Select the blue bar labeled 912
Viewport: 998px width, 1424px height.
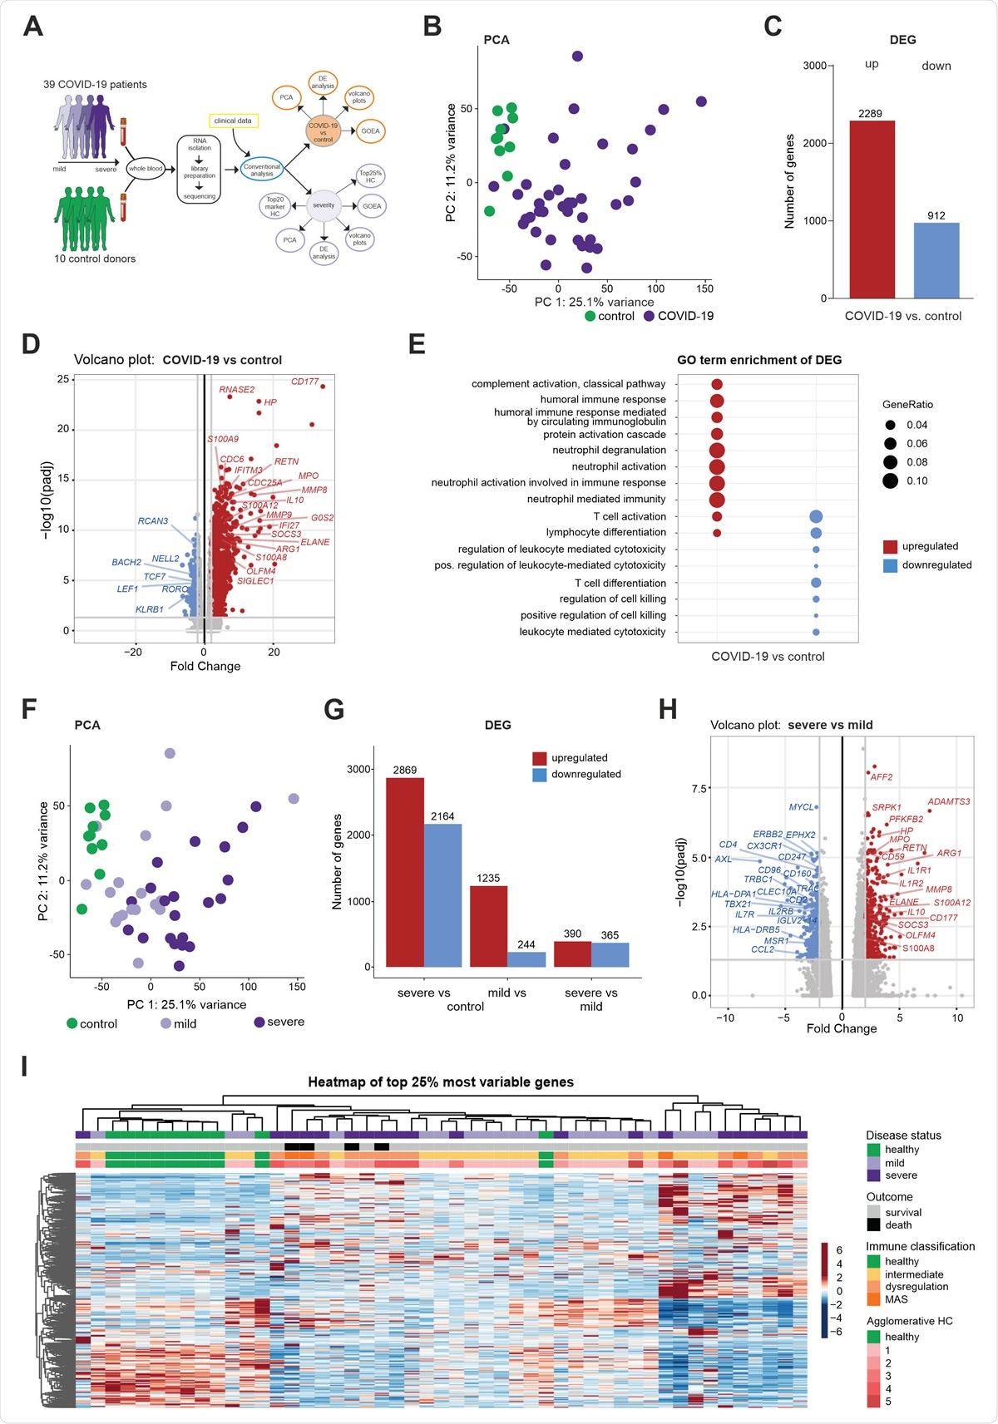[x=936, y=260]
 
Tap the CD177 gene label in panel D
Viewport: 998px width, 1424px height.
[x=304, y=382]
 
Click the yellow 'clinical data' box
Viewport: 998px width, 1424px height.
[x=233, y=121]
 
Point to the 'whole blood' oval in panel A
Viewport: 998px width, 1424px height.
[x=146, y=169]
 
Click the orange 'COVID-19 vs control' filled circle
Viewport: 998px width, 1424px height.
[x=324, y=132]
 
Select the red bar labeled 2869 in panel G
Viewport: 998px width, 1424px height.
[x=405, y=873]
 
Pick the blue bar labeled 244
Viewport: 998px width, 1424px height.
[x=526, y=959]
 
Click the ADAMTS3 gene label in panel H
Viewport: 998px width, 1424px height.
[x=948, y=802]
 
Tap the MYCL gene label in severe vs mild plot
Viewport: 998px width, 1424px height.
[x=801, y=807]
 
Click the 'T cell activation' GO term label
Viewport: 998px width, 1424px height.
[x=629, y=516]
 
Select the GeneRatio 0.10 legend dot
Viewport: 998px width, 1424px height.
[x=891, y=480]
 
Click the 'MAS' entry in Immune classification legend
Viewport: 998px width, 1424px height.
[x=896, y=1299]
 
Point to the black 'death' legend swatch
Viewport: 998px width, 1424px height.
[x=873, y=1224]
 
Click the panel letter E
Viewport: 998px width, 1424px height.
[x=417, y=344]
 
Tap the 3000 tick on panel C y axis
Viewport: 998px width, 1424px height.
[x=814, y=66]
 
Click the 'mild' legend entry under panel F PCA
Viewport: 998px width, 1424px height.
[x=179, y=1023]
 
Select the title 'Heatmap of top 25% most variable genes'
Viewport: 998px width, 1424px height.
[x=441, y=1082]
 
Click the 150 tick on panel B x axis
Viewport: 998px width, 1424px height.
[x=704, y=288]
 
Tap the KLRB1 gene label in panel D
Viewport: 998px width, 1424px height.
[x=150, y=609]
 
